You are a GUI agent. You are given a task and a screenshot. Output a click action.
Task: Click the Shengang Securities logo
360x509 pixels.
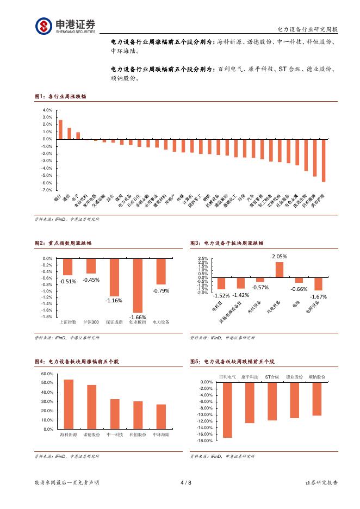pyautogui.click(x=65, y=26)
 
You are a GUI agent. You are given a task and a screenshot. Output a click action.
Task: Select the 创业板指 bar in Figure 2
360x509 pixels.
pyautogui.click(x=138, y=285)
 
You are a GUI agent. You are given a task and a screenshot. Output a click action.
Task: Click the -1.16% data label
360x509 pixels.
pyautogui.click(x=114, y=301)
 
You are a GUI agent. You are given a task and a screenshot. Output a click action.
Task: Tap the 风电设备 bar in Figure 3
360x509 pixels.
pyautogui.click(x=280, y=270)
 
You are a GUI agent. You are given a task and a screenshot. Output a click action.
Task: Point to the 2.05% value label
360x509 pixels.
pyautogui.click(x=280, y=256)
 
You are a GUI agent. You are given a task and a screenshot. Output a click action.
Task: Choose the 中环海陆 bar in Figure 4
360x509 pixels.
pyautogui.click(x=161, y=417)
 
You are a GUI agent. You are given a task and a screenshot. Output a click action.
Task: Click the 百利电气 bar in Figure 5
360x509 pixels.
pyautogui.click(x=227, y=409)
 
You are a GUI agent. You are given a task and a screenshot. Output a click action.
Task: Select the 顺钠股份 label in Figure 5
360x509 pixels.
pyautogui.click(x=317, y=376)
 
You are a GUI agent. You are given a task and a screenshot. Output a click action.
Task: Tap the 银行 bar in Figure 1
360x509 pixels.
pyautogui.click(x=60, y=129)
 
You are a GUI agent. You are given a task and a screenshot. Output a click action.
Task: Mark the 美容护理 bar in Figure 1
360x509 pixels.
pyautogui.click(x=324, y=160)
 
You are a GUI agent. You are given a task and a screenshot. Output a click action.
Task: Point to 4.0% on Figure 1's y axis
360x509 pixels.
pyautogui.click(x=47, y=110)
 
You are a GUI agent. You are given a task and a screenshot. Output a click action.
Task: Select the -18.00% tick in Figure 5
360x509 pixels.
pyautogui.click(x=205, y=441)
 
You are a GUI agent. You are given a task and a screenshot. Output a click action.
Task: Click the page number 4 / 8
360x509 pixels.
pyautogui.click(x=185, y=482)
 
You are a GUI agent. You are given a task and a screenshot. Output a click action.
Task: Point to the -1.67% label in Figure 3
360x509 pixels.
pyautogui.click(x=318, y=297)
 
